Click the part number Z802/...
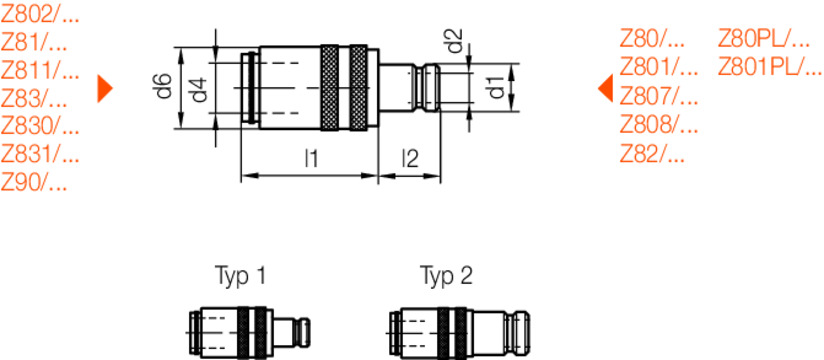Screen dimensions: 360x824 click(x=40, y=15)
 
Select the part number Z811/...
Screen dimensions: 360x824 click(x=40, y=71)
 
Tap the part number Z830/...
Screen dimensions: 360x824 click(x=40, y=127)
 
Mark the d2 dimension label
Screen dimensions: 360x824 click(x=454, y=43)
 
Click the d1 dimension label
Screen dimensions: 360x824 click(x=494, y=87)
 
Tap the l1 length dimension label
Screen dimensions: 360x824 click(x=311, y=158)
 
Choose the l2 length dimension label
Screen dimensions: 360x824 click(x=409, y=158)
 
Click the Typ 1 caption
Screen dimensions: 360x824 click(x=241, y=275)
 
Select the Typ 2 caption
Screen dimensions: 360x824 click(x=445, y=275)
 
